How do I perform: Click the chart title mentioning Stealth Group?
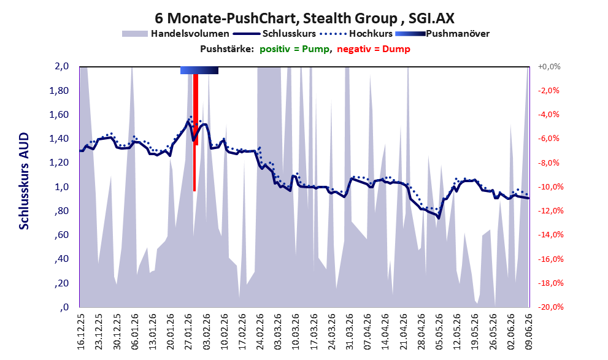(x=304, y=18)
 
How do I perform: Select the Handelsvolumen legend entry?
(x=175, y=34)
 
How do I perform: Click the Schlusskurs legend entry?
(x=274, y=34)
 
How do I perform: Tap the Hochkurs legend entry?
(x=356, y=34)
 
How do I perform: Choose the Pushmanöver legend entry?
(x=442, y=34)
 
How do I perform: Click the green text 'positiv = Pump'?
(x=294, y=49)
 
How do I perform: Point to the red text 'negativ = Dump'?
(x=374, y=49)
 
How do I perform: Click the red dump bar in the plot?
(x=196, y=132)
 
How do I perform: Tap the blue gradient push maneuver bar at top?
(x=199, y=70)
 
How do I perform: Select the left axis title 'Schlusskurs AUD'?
(x=24, y=181)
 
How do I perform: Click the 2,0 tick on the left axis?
(x=62, y=66)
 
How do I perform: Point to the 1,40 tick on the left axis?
(x=60, y=139)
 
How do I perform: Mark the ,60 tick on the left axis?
(x=63, y=236)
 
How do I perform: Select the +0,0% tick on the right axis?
(x=549, y=67)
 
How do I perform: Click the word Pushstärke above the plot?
(x=227, y=49)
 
